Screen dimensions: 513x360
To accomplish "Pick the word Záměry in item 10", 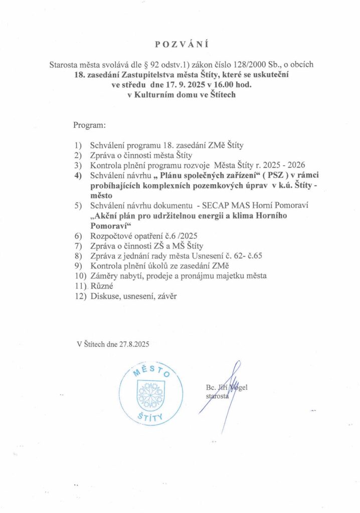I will tap(105, 276).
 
